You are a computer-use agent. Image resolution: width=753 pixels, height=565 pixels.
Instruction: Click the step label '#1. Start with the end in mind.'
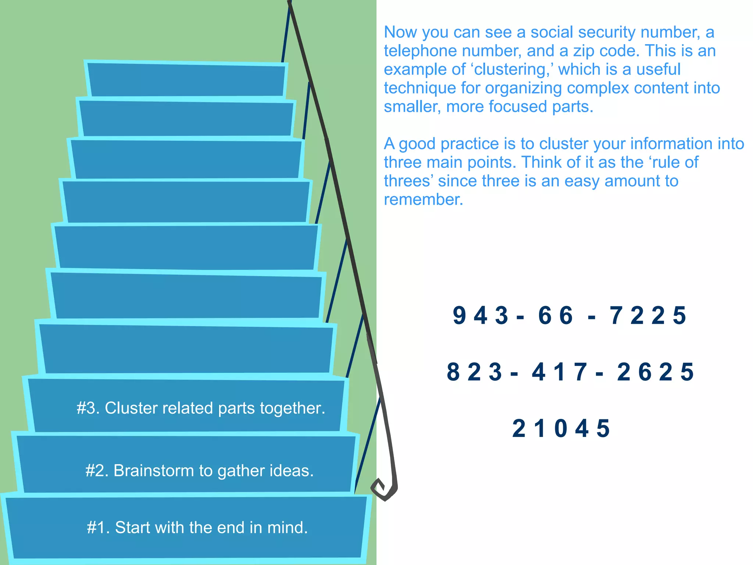tap(197, 527)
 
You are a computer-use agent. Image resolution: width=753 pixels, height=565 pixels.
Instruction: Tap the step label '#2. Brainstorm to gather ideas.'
tap(200, 471)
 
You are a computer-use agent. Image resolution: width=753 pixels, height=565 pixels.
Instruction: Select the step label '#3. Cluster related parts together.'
tap(201, 408)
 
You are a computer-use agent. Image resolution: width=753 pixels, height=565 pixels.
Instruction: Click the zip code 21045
tap(561, 429)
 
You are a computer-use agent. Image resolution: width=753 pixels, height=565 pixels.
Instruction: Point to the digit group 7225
tap(648, 316)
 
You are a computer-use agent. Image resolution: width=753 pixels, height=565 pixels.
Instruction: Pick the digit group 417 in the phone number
tap(560, 372)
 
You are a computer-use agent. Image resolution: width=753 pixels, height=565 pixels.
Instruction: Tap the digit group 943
tap(481, 316)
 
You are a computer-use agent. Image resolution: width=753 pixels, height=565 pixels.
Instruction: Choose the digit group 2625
tap(655, 372)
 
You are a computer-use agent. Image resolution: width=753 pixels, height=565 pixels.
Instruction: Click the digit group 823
tap(474, 372)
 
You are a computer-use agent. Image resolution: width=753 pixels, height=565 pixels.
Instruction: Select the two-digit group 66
tap(556, 316)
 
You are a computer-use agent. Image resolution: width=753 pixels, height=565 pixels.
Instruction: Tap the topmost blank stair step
tap(186, 79)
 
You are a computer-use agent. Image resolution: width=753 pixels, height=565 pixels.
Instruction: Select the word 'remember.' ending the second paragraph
tap(424, 200)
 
